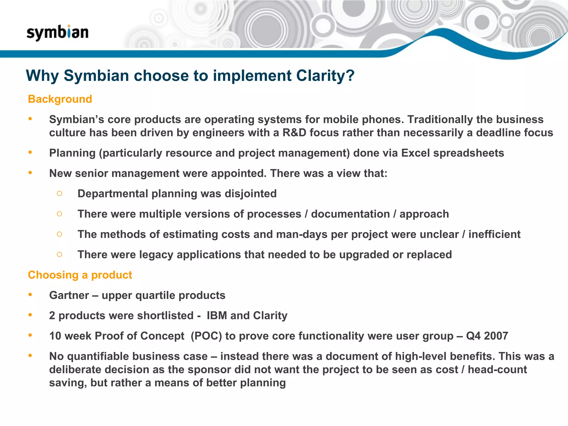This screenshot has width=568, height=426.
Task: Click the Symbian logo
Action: pos(57,33)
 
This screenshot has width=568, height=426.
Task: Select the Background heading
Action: pos(60,99)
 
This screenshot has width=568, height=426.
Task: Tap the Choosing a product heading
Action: pos(80,275)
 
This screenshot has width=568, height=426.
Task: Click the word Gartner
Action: pos(69,295)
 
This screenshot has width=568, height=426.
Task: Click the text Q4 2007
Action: pos(487,336)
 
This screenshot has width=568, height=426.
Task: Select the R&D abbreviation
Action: pos(294,133)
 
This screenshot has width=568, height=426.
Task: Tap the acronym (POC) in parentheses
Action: pos(206,336)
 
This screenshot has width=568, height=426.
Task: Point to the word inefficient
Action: pos(494,234)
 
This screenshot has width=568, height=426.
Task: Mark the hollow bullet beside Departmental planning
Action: pos(59,193)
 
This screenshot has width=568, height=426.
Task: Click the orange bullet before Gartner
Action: pos(30,295)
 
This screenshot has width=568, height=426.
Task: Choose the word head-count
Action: pos(497,370)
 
